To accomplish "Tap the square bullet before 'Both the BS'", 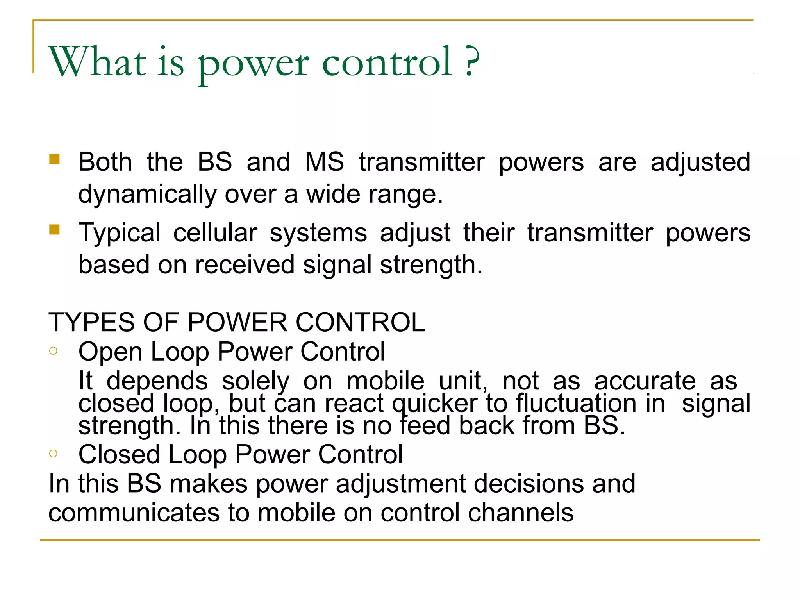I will click(54, 159).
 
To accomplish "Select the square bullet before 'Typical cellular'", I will click(54, 229).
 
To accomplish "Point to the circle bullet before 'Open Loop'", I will click(54, 350).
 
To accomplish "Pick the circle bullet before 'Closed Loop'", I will click(54, 453).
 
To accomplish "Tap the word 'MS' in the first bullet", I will click(324, 162).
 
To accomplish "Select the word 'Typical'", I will click(120, 233).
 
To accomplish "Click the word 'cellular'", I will click(215, 233).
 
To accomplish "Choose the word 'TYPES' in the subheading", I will click(91, 323).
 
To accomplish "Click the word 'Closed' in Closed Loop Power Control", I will click(119, 455).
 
